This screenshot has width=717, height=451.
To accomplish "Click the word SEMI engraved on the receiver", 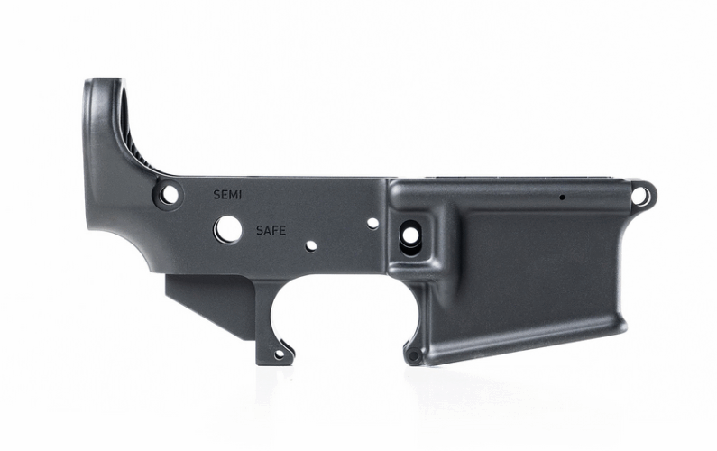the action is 227,195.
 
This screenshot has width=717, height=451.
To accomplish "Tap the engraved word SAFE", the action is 271,230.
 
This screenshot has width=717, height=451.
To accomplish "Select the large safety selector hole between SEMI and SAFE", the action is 227,229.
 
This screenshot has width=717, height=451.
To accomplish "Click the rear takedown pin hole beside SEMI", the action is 169,195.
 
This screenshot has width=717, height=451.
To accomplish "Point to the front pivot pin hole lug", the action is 642,195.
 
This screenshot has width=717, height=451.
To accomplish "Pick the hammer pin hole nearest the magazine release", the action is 372,223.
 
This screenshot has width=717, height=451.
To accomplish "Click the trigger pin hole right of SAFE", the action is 311,246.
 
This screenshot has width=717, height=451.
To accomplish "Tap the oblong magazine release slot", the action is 410,237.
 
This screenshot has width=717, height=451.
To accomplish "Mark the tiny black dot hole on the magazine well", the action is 562,198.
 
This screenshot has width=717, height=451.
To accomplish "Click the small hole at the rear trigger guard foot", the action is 279,354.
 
